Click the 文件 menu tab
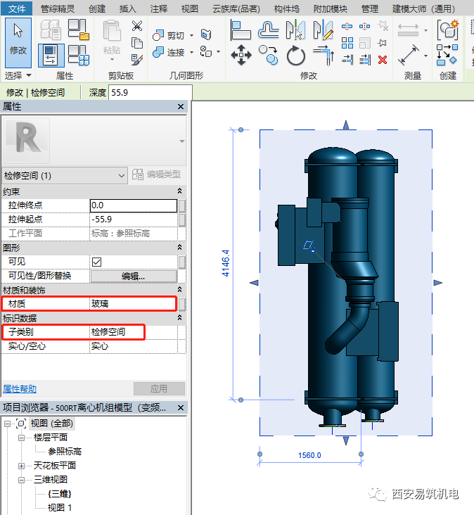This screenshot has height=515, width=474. pyautogui.click(x=18, y=8)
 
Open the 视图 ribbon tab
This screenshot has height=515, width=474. pyautogui.click(x=189, y=8)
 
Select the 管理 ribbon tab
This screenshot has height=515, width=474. pyautogui.click(x=369, y=8)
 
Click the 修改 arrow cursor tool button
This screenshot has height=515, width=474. pyautogui.click(x=18, y=41)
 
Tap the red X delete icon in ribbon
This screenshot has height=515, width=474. pyautogui.click(x=383, y=60)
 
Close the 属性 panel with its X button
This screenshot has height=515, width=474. pyautogui.click(x=181, y=107)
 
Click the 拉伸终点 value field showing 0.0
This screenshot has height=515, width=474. pyautogui.click(x=133, y=205)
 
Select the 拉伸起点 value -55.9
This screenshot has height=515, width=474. pyautogui.click(x=133, y=220)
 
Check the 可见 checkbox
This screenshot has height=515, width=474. pyautogui.click(x=97, y=262)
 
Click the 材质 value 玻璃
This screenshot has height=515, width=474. pyautogui.click(x=133, y=304)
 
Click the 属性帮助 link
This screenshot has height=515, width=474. pyautogui.click(x=20, y=388)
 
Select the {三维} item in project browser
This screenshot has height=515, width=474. pyautogui.click(x=60, y=494)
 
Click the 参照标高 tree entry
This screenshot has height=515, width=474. pyautogui.click(x=65, y=451)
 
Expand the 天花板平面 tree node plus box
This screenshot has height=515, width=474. pyautogui.click(x=20, y=466)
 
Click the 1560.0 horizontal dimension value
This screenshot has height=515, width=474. pyautogui.click(x=309, y=455)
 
